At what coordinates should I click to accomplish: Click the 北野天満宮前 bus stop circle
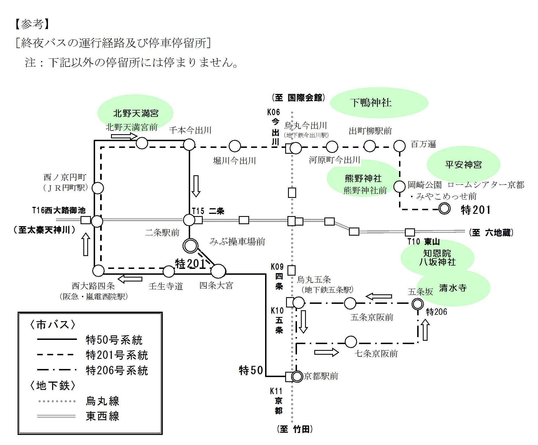pos(142,143)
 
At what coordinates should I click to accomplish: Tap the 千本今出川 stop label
pos(190,130)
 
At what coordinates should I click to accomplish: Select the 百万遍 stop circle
pos(399,146)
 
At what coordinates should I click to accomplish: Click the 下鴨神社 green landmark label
pos(371,103)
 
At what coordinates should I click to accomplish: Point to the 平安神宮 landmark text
pos(463,164)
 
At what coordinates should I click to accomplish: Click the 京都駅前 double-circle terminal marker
pos(297,377)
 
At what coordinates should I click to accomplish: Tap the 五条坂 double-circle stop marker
pos(417,304)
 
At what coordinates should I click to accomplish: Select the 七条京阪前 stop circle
pos(351,342)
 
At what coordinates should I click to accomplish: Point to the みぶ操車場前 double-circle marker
pos(190,246)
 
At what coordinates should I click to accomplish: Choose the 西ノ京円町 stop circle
pos(98,188)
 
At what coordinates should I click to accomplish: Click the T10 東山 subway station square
pos(410,232)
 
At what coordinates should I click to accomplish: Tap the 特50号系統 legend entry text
pos(114,340)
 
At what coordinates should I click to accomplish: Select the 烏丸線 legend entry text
pos(103,401)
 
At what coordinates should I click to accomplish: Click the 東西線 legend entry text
pos(103,416)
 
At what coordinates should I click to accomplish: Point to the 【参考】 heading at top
pos(32,24)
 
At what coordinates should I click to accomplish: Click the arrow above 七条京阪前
pos(326,352)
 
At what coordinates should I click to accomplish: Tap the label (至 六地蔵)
pos(491,232)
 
